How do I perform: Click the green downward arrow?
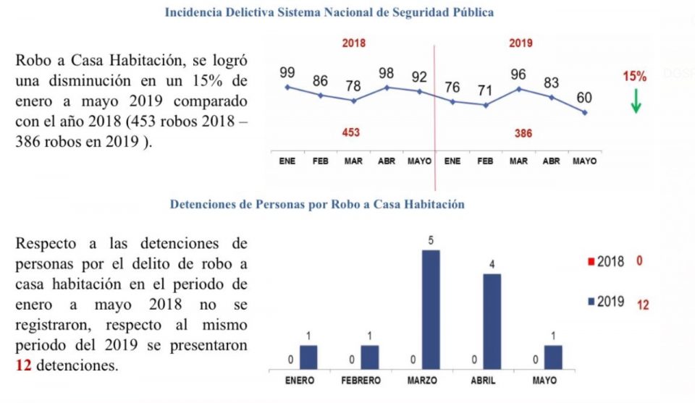pos(636,101)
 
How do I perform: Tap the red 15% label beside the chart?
pos(634,76)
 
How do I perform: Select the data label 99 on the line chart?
pos(287,73)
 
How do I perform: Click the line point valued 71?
pos(485,105)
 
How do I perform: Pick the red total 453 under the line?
pos(351,133)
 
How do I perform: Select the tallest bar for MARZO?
pos(431,309)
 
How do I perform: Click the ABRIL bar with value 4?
pos(492,321)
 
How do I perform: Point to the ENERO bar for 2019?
pos(308,357)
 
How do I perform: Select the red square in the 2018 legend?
pos(591,261)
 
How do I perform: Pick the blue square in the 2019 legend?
pos(591,301)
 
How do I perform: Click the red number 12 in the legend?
pos(642,305)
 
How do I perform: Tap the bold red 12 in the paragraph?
pos(22,365)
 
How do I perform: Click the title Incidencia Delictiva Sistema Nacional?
pos(330,13)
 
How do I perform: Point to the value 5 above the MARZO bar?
pos(431,240)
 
